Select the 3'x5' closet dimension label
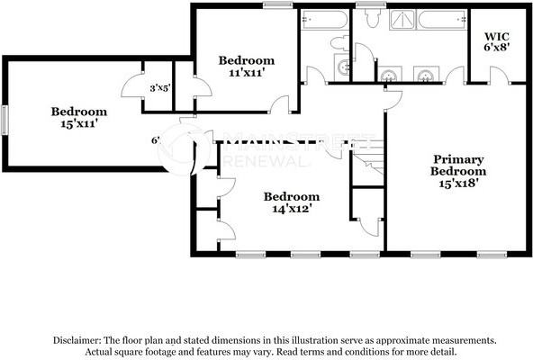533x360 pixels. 161,87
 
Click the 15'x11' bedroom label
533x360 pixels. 78,118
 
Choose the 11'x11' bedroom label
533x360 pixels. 247,67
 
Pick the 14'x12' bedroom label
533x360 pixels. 291,202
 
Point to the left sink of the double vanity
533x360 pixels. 390,74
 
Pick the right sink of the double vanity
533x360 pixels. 424,74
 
